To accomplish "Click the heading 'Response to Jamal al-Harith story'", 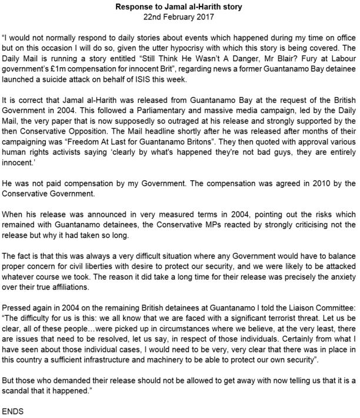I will pyautogui.click(x=180, y=5).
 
